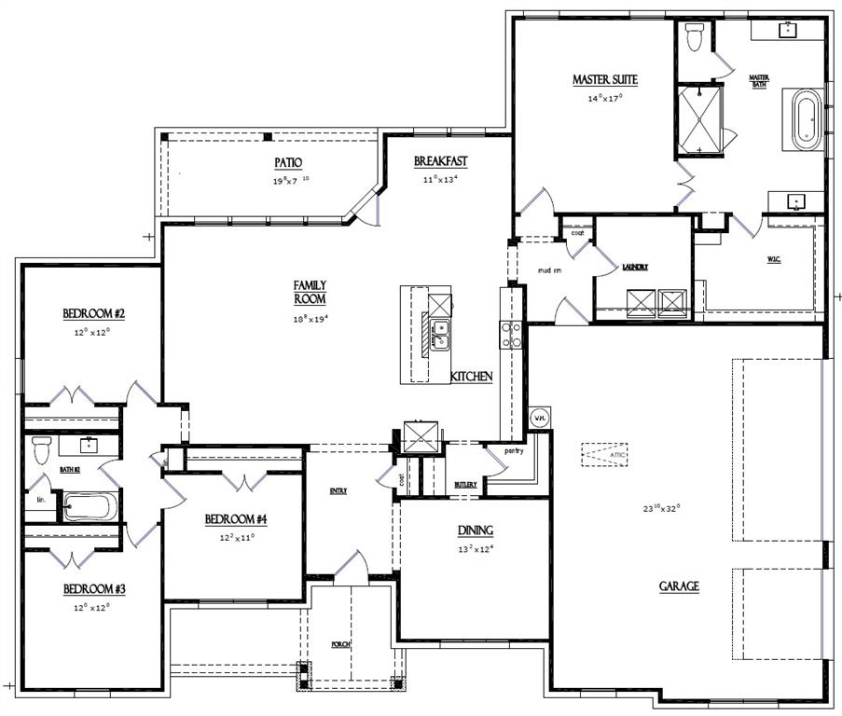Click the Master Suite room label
click(604, 80)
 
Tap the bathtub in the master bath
click(807, 119)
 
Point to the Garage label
click(679, 586)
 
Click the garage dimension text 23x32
click(663, 508)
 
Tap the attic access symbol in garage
click(605, 454)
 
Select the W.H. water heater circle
click(540, 419)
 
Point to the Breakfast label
click(441, 161)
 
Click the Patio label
click(288, 163)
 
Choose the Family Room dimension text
click(311, 318)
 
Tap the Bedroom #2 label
click(94, 313)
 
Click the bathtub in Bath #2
click(90, 508)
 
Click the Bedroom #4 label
click(236, 519)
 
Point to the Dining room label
click(475, 530)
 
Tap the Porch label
click(341, 644)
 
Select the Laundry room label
click(635, 267)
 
